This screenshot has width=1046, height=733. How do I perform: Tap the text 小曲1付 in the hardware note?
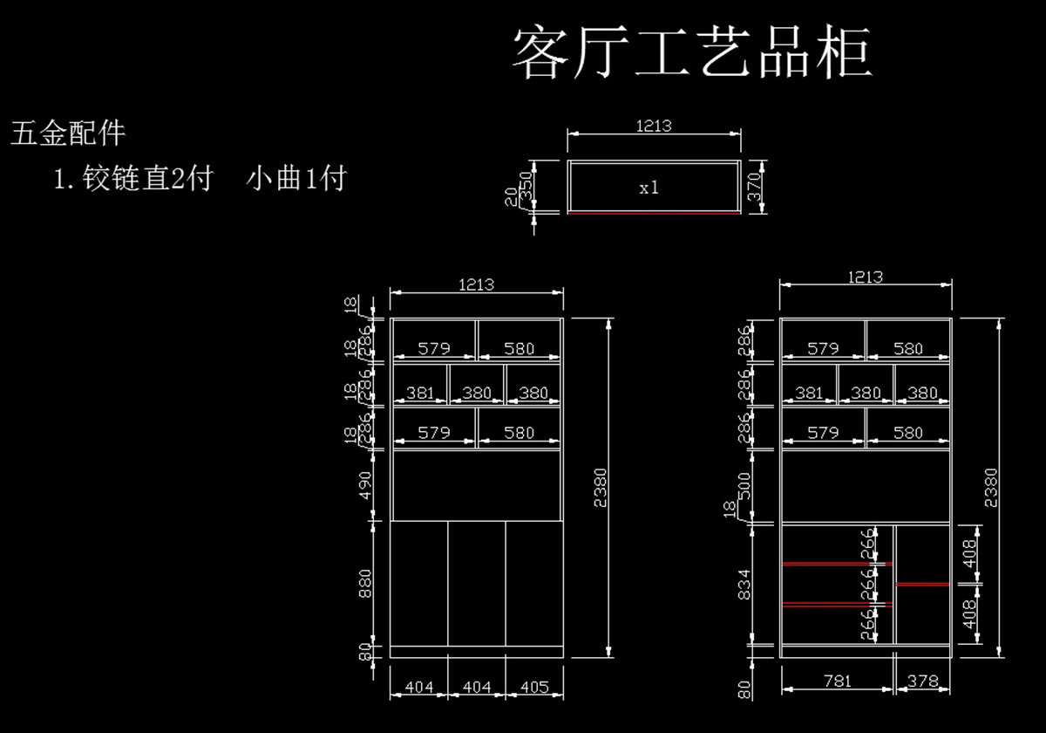click(296, 179)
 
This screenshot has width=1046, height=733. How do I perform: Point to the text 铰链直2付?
click(148, 179)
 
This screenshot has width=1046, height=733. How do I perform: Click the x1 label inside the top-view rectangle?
click(649, 188)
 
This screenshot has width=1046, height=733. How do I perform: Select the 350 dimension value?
click(526, 184)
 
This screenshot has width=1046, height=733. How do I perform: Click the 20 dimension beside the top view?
click(511, 198)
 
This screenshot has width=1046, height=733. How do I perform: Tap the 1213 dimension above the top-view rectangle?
click(654, 126)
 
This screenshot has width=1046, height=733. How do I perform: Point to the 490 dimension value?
click(366, 485)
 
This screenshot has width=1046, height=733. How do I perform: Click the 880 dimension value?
click(366, 583)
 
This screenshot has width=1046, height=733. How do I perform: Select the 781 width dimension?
click(837, 681)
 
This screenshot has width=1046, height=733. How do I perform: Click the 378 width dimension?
click(922, 681)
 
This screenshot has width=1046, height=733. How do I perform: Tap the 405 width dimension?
click(533, 688)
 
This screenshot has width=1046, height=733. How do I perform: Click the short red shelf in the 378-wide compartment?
click(923, 584)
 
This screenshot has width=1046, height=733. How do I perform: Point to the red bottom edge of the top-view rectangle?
click(654, 212)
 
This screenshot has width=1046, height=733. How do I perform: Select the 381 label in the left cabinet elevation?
click(420, 394)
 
